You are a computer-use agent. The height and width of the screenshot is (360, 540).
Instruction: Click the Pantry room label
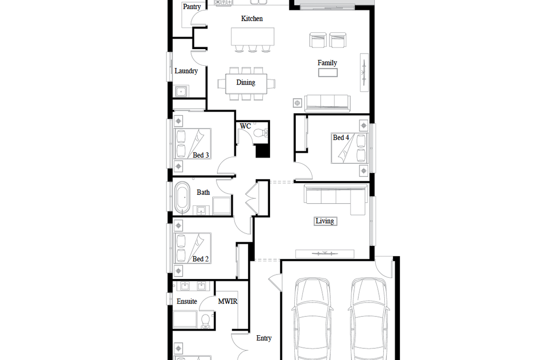click(x=192, y=7)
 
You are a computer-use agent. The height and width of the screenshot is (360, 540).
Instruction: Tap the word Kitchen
click(x=252, y=18)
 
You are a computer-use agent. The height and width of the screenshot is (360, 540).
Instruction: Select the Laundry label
click(x=186, y=71)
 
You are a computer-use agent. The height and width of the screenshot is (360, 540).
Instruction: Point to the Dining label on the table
click(x=246, y=82)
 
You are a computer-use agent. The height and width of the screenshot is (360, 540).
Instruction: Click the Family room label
click(x=327, y=63)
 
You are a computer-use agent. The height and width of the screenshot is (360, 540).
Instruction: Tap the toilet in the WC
click(x=261, y=133)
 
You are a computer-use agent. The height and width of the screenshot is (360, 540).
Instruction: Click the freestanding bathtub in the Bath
click(x=182, y=198)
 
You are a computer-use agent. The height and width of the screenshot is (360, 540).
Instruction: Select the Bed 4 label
click(x=341, y=137)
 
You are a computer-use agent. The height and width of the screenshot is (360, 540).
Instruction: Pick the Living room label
click(x=324, y=221)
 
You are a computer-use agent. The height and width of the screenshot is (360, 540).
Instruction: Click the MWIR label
click(x=228, y=301)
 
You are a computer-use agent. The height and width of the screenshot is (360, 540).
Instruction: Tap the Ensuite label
click(x=187, y=301)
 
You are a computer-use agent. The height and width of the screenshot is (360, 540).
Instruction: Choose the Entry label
click(x=264, y=338)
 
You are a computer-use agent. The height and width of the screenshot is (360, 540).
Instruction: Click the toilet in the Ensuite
click(x=205, y=320)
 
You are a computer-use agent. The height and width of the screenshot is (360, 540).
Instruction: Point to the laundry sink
click(x=182, y=92)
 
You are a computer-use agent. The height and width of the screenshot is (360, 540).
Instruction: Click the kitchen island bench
click(x=252, y=36)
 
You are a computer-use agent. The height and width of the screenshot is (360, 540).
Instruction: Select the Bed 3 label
click(x=201, y=155)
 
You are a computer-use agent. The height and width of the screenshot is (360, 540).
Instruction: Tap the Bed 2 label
click(x=200, y=259)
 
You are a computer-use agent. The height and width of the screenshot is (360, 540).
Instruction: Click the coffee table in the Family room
click(x=328, y=72)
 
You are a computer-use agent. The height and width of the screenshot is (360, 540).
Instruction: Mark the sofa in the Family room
click(x=327, y=103)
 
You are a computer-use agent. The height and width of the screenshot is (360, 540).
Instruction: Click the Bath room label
click(x=203, y=192)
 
